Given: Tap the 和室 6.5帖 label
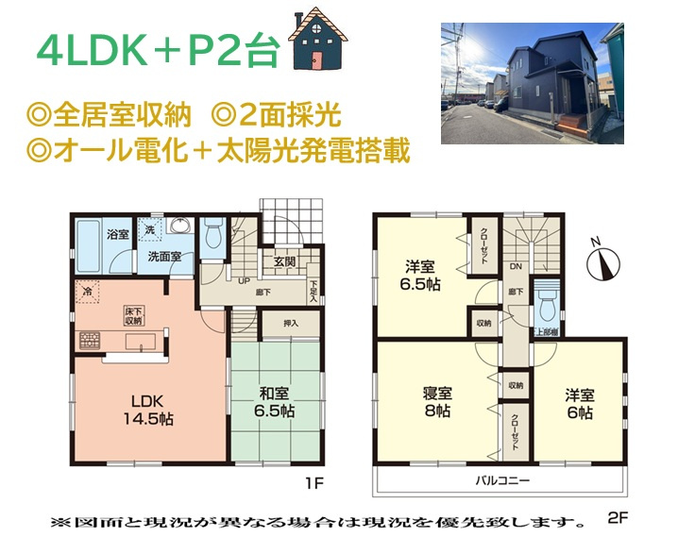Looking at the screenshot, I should (273, 404).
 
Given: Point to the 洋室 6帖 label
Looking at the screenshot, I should (579, 404).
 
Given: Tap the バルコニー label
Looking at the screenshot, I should (501, 480).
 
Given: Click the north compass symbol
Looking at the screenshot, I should (602, 262).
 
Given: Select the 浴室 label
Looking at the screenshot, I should (118, 234).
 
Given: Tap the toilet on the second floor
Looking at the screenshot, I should (546, 306).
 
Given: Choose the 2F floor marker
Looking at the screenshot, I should (618, 518).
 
